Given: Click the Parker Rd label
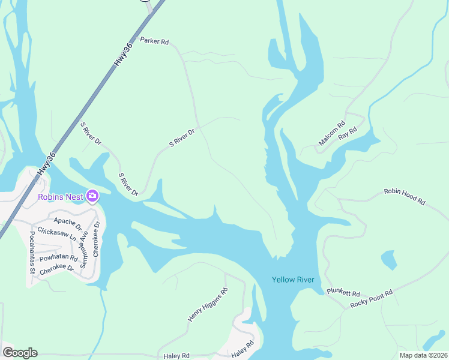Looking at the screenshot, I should point(154,41).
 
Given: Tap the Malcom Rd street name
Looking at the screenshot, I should point(332,134).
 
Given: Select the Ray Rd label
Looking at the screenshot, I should point(348,133).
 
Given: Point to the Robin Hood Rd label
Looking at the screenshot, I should point(404,197).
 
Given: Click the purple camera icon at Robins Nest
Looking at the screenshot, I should point(92,196).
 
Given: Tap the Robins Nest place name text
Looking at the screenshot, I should point(60,197).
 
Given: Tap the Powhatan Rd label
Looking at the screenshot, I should point(59,259).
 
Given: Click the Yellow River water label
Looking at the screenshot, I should point(294,280).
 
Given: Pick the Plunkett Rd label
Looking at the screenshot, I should point(343,293).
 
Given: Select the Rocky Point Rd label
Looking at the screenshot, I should point(372,299).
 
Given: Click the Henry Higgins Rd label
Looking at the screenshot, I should point(208,305).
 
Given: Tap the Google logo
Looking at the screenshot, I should point(20,353).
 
